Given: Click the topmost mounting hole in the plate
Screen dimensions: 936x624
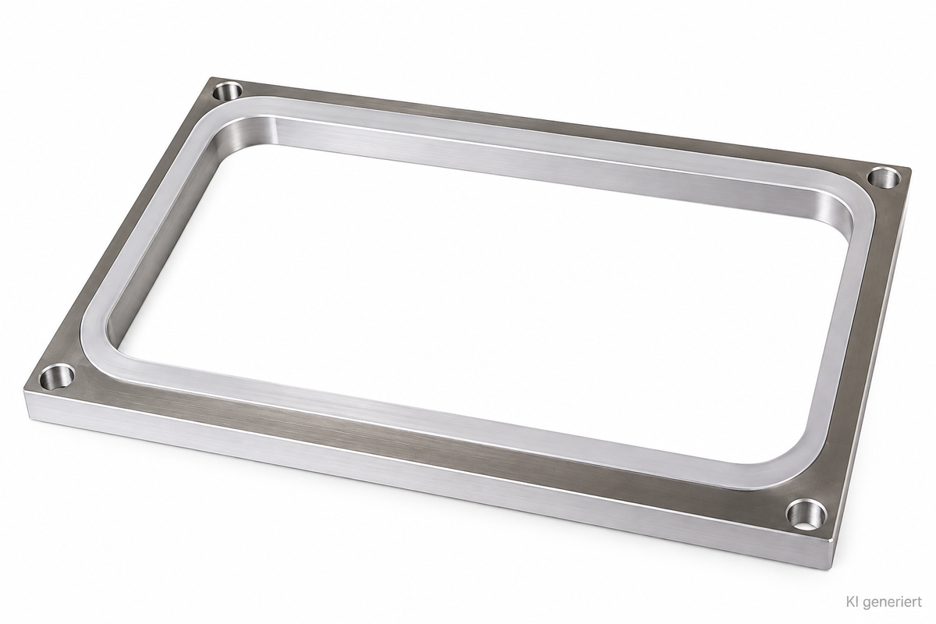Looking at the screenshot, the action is tap(228, 90).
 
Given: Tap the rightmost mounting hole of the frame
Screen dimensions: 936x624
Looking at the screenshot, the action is tap(885, 177).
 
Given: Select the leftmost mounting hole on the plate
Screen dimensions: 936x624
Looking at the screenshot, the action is tap(56, 377).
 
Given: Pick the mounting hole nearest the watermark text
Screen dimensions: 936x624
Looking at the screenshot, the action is tap(807, 514).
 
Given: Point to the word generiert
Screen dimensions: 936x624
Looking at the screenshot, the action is tap(883, 603).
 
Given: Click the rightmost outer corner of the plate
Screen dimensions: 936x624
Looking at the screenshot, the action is tap(911, 168).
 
